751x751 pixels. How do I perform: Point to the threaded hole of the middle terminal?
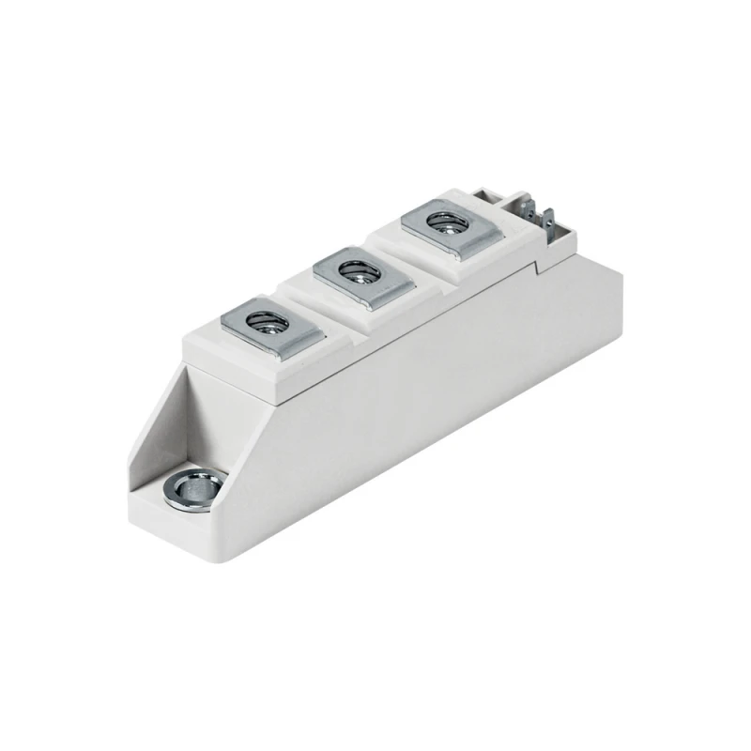356,273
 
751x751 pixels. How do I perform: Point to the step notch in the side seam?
537,268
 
